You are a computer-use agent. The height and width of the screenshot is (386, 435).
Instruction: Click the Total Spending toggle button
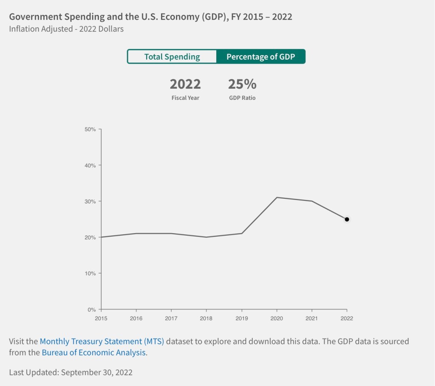pyautogui.click(x=172, y=56)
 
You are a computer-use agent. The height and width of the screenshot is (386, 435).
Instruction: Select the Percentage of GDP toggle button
pyautogui.click(x=260, y=56)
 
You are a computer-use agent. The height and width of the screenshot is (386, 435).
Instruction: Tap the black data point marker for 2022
pyautogui.click(x=347, y=219)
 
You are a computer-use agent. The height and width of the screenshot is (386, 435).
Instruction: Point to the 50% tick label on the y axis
pyautogui.click(x=90, y=129)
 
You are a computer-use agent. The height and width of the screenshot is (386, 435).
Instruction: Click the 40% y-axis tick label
pyautogui.click(x=90, y=165)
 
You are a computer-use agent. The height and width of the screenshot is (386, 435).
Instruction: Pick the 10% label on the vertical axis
pyautogui.click(x=90, y=273)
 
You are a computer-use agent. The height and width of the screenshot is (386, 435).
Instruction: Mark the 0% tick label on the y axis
pyautogui.click(x=92, y=309)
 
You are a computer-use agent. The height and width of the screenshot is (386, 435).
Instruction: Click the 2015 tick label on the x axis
pyautogui.click(x=101, y=318)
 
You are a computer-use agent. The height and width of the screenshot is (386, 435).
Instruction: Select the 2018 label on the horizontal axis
pyautogui.click(x=206, y=318)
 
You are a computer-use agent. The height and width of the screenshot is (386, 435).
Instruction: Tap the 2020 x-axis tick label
pyautogui.click(x=277, y=318)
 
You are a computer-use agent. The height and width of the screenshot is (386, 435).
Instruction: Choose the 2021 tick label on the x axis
pyautogui.click(x=312, y=318)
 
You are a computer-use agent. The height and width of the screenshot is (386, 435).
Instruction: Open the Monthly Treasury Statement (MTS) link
pyautogui.click(x=102, y=341)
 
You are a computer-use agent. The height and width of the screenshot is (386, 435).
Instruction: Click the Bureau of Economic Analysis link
pyautogui.click(x=94, y=352)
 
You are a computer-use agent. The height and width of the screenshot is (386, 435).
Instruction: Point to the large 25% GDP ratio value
pyautogui.click(x=242, y=84)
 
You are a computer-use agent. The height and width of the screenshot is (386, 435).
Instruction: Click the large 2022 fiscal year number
pyautogui.click(x=185, y=84)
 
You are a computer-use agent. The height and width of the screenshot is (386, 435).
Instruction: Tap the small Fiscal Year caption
pyautogui.click(x=185, y=98)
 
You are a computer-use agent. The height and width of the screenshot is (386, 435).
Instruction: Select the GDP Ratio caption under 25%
pyautogui.click(x=242, y=98)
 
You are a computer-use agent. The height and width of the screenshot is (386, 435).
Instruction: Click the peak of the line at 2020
pyautogui.click(x=277, y=197)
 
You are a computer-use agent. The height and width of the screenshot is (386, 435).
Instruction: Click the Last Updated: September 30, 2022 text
pyautogui.click(x=71, y=372)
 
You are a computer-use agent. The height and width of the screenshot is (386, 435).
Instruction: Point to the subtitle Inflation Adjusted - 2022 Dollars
pyautogui.click(x=66, y=29)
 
